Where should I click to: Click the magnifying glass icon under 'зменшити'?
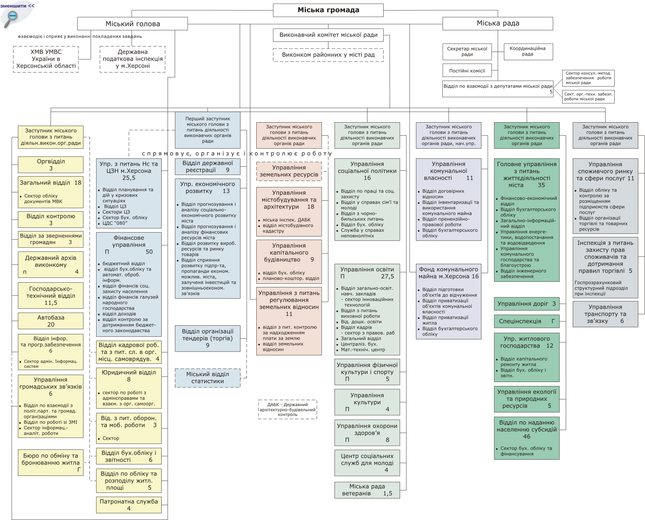pyautogui.click(x=12, y=19)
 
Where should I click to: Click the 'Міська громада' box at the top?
pyautogui.click(x=328, y=10)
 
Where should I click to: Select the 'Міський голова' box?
pyautogui.click(x=132, y=24)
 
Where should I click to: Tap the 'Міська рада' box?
pyautogui.click(x=498, y=23)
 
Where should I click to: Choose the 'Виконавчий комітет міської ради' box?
pyautogui.click(x=328, y=35)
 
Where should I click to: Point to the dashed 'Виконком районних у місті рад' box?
pyautogui.click(x=328, y=55)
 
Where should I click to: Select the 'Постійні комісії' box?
pyautogui.click(x=467, y=71)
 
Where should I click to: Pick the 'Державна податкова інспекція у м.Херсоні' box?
pyautogui.click(x=132, y=59)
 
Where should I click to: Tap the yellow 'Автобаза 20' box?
pyautogui.click(x=50, y=321)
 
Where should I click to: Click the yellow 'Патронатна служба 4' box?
pyautogui.click(x=129, y=505)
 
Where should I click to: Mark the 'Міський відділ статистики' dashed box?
pyautogui.click(x=207, y=378)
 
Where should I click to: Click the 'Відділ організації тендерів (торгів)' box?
pyautogui.click(x=207, y=338)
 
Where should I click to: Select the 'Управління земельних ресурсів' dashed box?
pyautogui.click(x=289, y=171)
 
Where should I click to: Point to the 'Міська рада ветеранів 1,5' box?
pyautogui.click(x=367, y=490)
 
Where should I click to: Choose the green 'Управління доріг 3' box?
pyautogui.click(x=527, y=304)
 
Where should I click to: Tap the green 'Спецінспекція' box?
pyautogui.click(x=527, y=321)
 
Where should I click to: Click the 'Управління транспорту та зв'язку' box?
pyautogui.click(x=605, y=314)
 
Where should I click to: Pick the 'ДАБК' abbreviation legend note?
pyautogui.click(x=287, y=409)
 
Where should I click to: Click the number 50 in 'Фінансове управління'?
pyautogui.click(x=149, y=252)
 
